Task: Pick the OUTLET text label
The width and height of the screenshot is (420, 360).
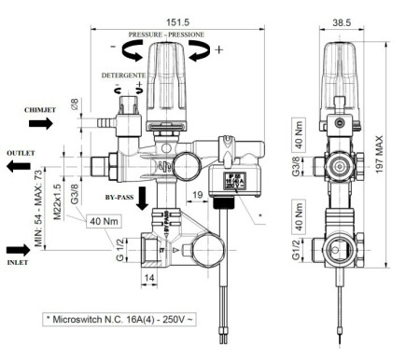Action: tap(21, 151)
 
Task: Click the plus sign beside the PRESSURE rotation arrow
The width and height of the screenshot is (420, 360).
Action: tap(219, 49)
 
